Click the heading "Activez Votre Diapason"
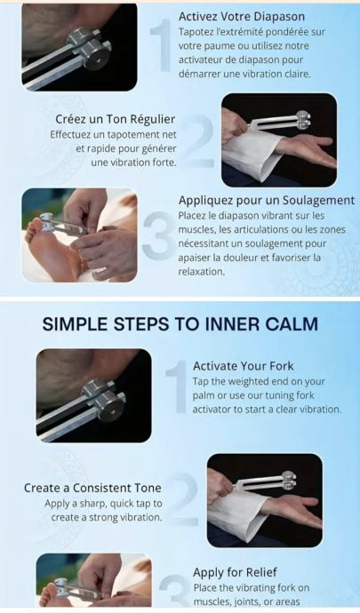[242, 16]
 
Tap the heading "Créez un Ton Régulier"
[115, 119]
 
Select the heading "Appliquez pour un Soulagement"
[267, 200]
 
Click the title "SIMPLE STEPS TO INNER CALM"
[180, 324]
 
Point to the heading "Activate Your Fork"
[243, 366]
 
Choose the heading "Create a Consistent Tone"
[92, 488]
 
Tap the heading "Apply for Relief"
[235, 572]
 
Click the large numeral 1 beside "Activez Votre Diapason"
[162, 45]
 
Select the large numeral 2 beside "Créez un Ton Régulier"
[199, 141]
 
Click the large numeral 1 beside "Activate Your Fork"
[177, 386]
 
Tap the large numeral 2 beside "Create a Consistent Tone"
[184, 499]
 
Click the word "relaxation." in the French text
[202, 272]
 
